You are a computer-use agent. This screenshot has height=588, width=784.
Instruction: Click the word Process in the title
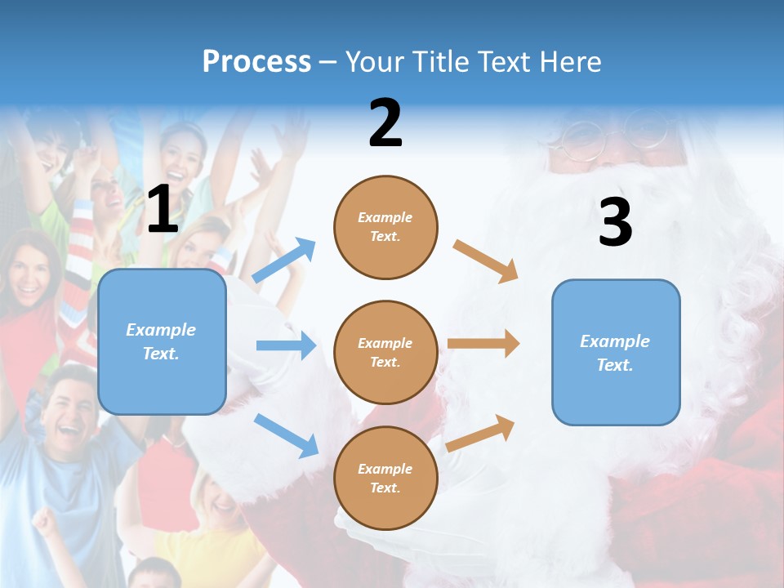click(256, 61)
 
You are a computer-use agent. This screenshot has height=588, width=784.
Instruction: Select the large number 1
click(163, 209)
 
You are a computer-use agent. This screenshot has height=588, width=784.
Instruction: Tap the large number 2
click(385, 122)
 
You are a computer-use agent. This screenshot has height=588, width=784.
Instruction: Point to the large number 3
click(615, 222)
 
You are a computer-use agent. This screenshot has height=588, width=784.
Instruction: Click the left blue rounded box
click(162, 341)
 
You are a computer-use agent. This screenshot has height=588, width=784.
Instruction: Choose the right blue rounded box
click(616, 352)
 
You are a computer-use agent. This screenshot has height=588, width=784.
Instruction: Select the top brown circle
click(385, 227)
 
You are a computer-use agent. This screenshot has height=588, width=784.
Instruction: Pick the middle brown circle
click(385, 352)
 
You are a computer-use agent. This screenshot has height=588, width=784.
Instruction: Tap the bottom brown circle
click(385, 478)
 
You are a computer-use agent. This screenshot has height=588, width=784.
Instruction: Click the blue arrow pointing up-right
click(284, 260)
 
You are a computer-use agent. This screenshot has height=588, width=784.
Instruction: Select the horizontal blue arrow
click(286, 345)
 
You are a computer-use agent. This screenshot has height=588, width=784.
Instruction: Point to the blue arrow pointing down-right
click(286, 434)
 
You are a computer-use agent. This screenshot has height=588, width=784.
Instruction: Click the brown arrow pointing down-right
click(486, 261)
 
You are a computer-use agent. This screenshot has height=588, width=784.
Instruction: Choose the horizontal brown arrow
click(483, 343)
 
